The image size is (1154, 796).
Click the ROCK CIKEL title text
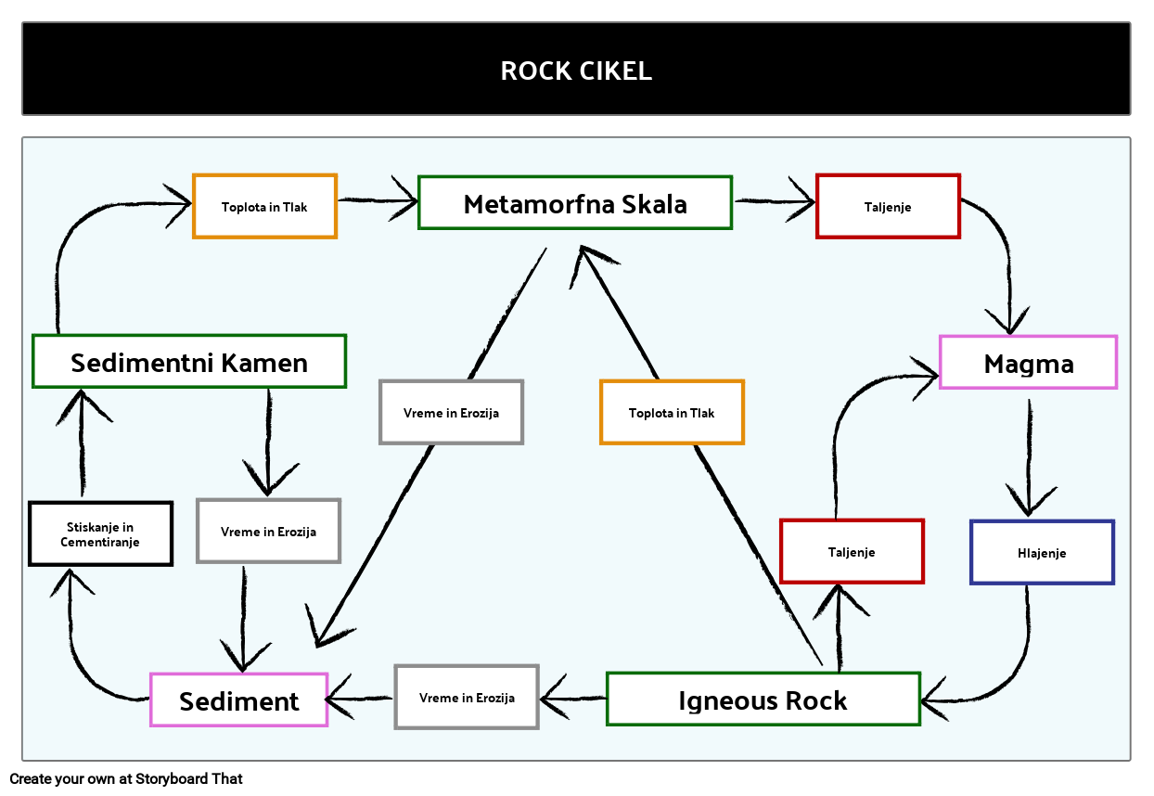(576, 71)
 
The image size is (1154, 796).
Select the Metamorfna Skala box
(575, 203)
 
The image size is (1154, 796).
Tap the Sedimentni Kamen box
(189, 362)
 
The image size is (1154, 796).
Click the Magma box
(1028, 363)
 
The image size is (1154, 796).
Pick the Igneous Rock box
(763, 700)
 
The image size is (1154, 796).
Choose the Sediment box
(239, 700)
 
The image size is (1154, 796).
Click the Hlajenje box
(1042, 553)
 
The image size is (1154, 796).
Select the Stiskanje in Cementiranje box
(100, 534)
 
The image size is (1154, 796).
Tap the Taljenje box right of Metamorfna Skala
(888, 207)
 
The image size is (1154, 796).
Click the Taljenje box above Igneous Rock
(852, 552)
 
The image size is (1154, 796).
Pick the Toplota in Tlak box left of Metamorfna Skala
(264, 207)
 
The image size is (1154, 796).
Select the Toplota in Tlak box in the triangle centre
(672, 413)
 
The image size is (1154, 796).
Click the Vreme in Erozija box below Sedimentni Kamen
(268, 532)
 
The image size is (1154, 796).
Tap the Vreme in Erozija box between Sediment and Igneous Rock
(467, 698)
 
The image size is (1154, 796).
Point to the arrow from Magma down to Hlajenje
(1028, 455)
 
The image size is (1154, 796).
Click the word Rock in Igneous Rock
(816, 700)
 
